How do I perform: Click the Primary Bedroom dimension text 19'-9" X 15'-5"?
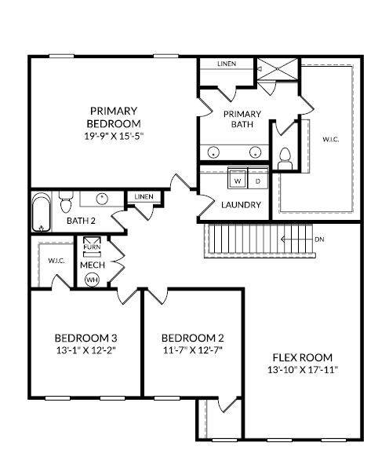pyautogui.click(x=114, y=137)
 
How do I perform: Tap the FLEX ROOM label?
pyautogui.click(x=303, y=357)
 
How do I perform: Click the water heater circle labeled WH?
pyautogui.click(x=92, y=280)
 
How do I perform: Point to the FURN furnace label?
pyautogui.click(x=92, y=247)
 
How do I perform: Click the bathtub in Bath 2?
pyautogui.click(x=42, y=212)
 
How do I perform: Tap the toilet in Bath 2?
pyautogui.click(x=66, y=201)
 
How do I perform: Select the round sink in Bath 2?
pyautogui.click(x=102, y=199)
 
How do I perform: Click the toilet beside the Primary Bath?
pyautogui.click(x=285, y=159)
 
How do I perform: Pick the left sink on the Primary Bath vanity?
pyautogui.click(x=213, y=152)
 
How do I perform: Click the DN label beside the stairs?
pyautogui.click(x=319, y=240)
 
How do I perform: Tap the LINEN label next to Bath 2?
pyautogui.click(x=144, y=196)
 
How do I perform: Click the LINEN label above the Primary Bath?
pyautogui.click(x=227, y=64)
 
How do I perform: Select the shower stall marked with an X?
pyautogui.click(x=277, y=69)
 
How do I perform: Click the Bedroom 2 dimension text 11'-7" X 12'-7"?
pyautogui.click(x=193, y=350)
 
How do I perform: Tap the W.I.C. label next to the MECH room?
pyautogui.click(x=56, y=261)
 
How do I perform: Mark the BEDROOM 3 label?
pyautogui.click(x=86, y=338)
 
